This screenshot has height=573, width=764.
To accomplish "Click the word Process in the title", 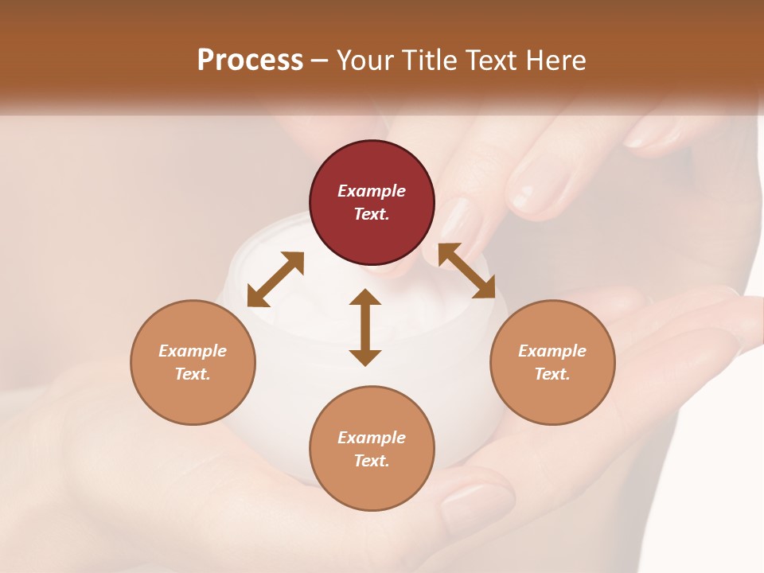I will (x=250, y=60).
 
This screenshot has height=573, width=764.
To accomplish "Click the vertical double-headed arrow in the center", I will (x=365, y=327).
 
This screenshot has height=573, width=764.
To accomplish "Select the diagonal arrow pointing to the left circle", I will (x=275, y=279).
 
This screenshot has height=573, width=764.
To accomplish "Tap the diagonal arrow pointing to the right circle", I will (x=466, y=271).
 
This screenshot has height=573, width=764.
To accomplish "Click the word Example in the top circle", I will (x=372, y=191).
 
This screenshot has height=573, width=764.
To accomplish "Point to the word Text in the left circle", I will (x=192, y=374).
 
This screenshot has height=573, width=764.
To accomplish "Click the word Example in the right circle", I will (x=552, y=351).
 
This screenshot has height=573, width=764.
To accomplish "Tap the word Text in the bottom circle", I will (x=371, y=461).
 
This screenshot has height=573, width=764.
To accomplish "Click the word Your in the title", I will (x=365, y=60).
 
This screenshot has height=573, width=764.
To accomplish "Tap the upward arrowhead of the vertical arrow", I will (x=365, y=298).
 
